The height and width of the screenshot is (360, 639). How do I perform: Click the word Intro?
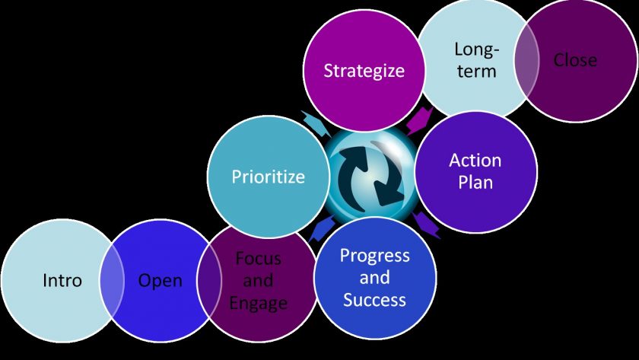click(x=62, y=281)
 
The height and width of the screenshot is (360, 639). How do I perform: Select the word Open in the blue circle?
click(x=161, y=281)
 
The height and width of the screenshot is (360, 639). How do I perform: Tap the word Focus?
click(x=259, y=259)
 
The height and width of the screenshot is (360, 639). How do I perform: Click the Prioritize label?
click(x=268, y=177)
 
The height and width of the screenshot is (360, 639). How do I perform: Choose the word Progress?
click(x=375, y=256)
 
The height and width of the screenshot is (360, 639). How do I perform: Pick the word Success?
click(x=374, y=300)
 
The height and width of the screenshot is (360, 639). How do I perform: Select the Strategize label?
click(x=364, y=71)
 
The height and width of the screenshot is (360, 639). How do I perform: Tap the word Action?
click(x=475, y=161)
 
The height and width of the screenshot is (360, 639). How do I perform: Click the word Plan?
click(x=475, y=182)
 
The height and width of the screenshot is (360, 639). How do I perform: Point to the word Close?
click(x=575, y=60)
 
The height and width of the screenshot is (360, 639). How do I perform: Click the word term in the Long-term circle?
click(x=476, y=72)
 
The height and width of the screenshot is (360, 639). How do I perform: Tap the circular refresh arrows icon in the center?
click(x=372, y=175)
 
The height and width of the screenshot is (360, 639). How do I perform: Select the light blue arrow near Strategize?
click(x=316, y=123)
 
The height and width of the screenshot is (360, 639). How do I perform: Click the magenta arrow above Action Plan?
click(x=420, y=121)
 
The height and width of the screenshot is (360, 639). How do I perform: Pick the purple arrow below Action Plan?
click(x=426, y=225)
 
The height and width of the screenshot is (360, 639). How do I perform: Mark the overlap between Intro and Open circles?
click(x=112, y=281)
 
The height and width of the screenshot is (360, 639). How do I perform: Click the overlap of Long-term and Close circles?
click(x=527, y=61)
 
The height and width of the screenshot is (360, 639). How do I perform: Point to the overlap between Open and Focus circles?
click(x=209, y=281)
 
